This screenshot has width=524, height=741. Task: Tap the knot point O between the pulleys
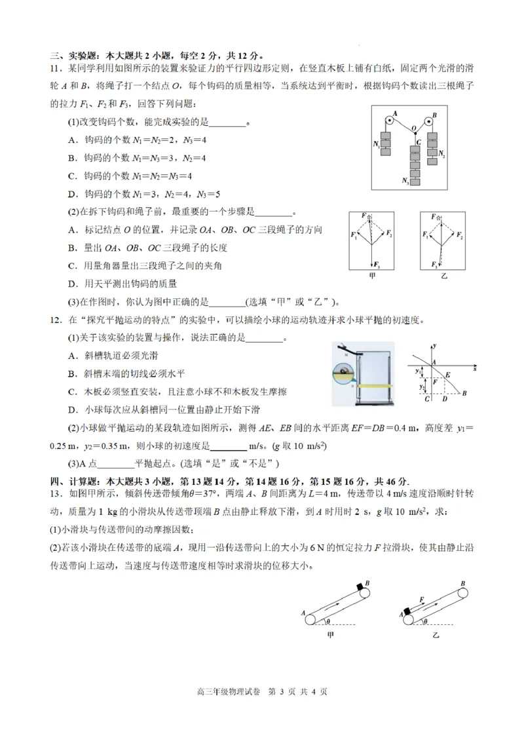(x=413, y=129)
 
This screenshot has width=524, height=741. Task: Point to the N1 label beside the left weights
(x=375, y=143)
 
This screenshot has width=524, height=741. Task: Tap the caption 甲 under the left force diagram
(x=372, y=276)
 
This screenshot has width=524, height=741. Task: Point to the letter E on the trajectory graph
(x=448, y=373)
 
